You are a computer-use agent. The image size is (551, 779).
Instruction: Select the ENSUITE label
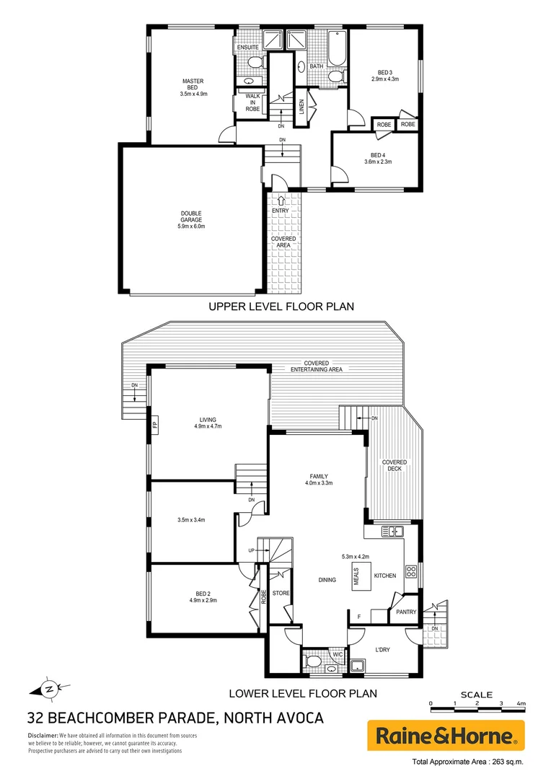click(248, 48)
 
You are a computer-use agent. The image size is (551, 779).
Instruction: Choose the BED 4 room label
click(378, 155)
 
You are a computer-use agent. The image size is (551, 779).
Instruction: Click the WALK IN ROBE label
click(252, 102)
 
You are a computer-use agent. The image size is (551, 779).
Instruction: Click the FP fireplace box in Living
click(154, 425)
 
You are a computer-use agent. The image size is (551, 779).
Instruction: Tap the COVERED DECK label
click(394, 465)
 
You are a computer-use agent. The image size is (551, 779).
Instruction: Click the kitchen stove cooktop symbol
click(411, 571)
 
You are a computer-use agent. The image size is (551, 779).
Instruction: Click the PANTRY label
click(406, 612)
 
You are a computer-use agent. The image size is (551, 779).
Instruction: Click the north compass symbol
click(49, 688)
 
